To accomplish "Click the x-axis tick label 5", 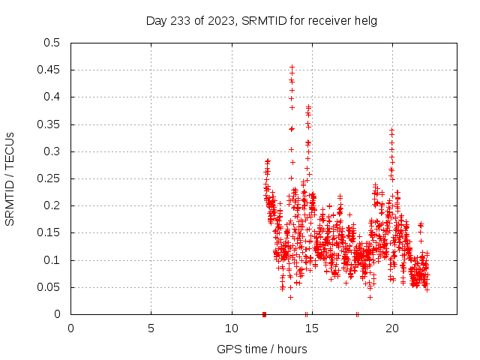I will click(x=151, y=328).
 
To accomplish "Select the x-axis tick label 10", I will click(x=231, y=328).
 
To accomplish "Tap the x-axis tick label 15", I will click(x=311, y=328).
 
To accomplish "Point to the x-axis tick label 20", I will click(x=392, y=328).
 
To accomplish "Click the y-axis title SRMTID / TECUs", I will click(x=10, y=178).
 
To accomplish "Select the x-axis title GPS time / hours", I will click(x=262, y=349).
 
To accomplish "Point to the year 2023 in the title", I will click(x=217, y=20).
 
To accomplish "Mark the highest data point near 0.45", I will click(x=292, y=66).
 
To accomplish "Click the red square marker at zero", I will click(x=264, y=314).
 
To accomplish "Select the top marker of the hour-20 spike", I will click(x=391, y=129).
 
